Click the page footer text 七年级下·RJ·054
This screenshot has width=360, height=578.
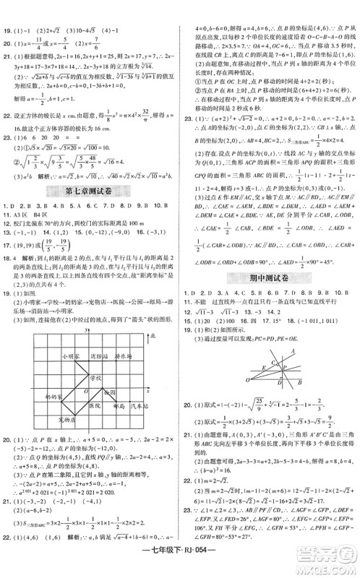point(181,565)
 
